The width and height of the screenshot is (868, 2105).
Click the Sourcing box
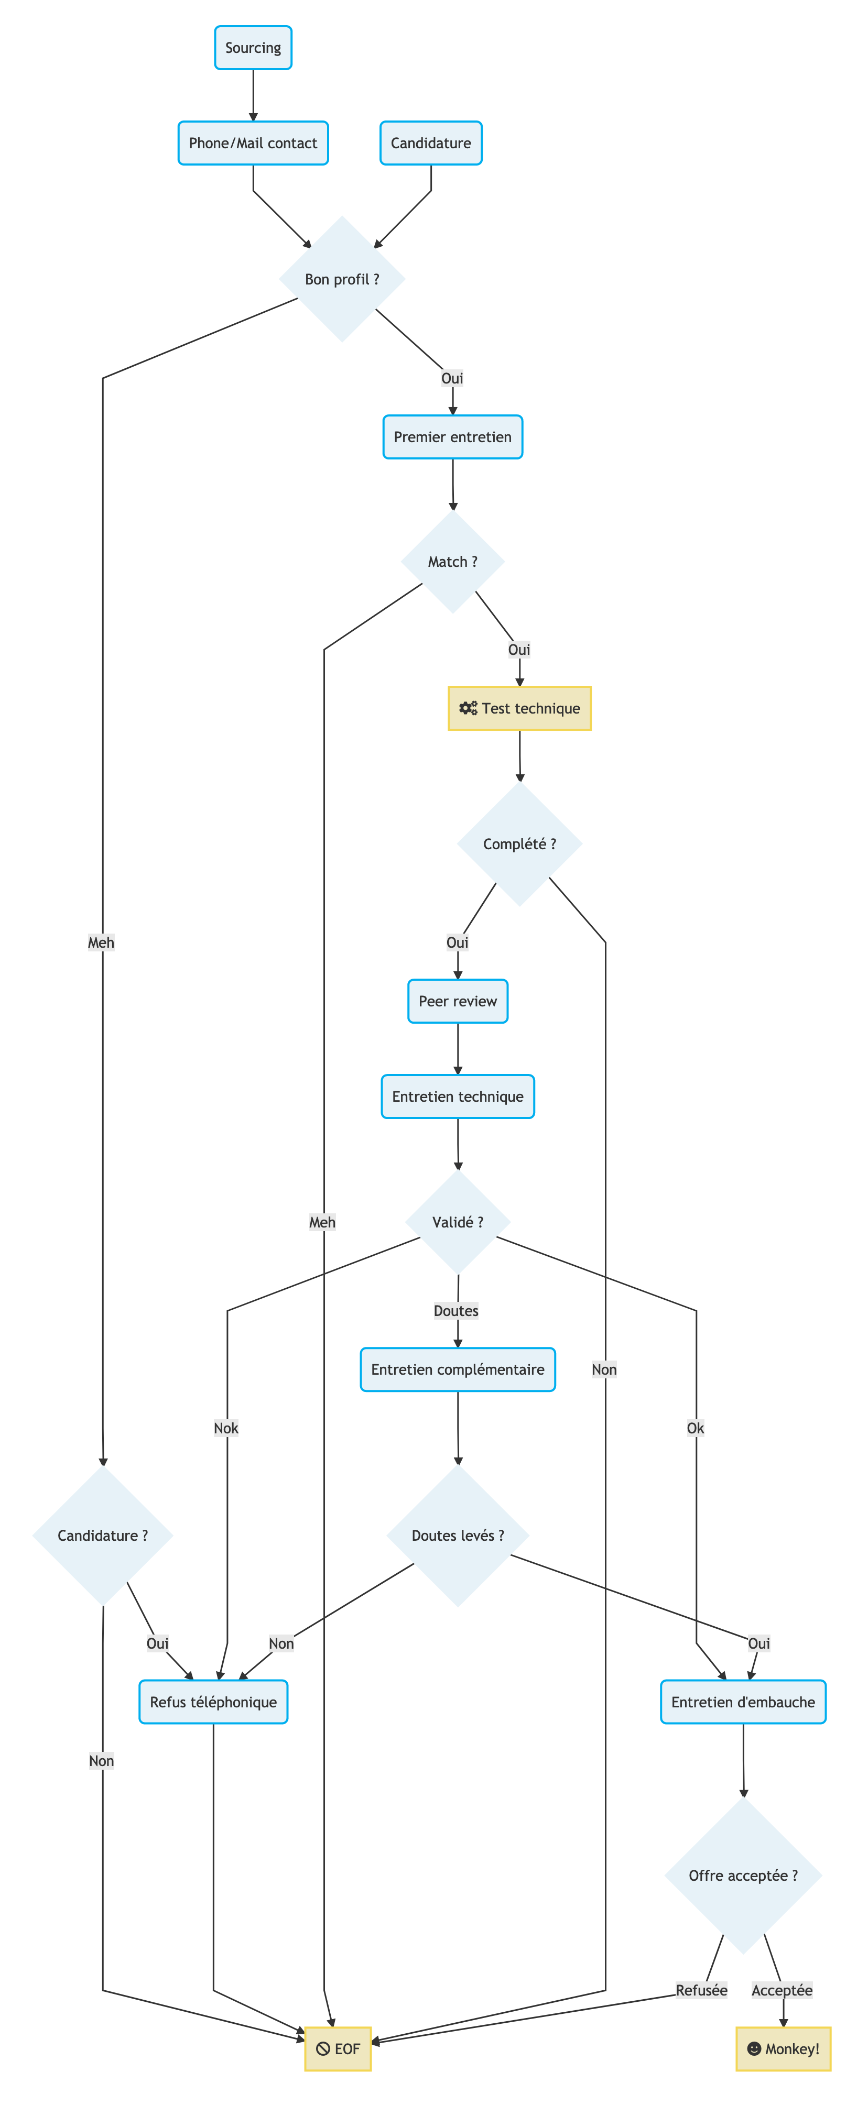[x=253, y=47]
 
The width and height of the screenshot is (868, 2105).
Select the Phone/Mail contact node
[x=253, y=143]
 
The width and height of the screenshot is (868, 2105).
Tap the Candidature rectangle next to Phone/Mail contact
[x=431, y=143]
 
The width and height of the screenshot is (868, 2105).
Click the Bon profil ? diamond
[x=342, y=279]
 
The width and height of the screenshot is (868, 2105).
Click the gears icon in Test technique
[x=468, y=708]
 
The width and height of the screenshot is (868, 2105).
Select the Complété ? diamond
[x=519, y=844]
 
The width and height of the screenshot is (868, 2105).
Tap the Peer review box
[x=457, y=1001]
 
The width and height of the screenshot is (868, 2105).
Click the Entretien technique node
[x=457, y=1097]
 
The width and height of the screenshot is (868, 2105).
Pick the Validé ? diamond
[x=457, y=1222]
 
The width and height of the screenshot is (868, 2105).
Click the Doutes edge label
[x=456, y=1311]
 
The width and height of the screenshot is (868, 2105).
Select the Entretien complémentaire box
[x=457, y=1369]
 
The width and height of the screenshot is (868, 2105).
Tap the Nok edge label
[x=226, y=1428]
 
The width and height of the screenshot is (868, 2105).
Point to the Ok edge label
[x=696, y=1428]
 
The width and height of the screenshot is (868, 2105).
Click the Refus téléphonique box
[x=213, y=1702]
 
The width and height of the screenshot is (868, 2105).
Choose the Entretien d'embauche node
[x=743, y=1702]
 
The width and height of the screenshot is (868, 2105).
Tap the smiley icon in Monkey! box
[x=754, y=2048]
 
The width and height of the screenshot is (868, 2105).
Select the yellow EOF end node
[x=338, y=2048]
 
